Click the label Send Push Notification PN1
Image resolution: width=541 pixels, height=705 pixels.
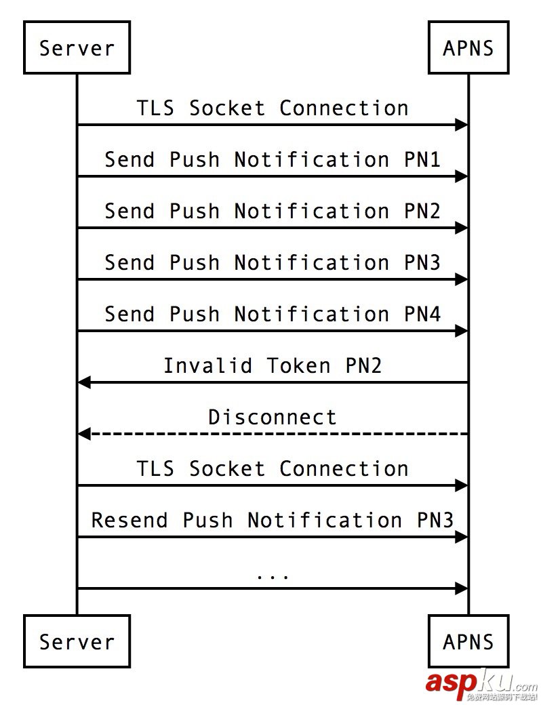[x=273, y=159]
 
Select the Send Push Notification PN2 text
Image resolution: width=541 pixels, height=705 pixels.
[x=273, y=211]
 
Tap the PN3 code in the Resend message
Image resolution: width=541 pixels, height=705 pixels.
[x=435, y=520]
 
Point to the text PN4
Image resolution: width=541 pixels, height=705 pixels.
[x=422, y=314]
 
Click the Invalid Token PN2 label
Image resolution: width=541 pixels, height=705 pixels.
[x=273, y=365]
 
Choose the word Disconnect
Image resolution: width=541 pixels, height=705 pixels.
[x=273, y=417]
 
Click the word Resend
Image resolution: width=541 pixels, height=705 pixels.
[x=129, y=520]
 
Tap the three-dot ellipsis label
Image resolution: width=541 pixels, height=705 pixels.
[x=273, y=576]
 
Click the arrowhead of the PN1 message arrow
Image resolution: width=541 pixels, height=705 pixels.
[x=462, y=176]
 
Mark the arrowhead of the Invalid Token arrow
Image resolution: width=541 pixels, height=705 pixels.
[x=84, y=382]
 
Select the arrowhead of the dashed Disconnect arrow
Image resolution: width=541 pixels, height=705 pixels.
[x=84, y=434]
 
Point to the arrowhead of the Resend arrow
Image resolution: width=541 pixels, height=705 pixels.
[x=462, y=537]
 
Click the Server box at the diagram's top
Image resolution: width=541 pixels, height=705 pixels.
[x=77, y=47]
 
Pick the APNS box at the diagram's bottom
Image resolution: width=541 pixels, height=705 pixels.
[x=468, y=641]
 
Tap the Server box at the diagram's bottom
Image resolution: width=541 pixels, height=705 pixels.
[x=77, y=641]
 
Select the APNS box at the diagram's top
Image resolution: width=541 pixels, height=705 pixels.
[x=468, y=47]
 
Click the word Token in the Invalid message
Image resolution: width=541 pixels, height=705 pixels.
[x=298, y=365]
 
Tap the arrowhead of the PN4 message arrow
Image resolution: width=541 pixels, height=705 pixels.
[x=462, y=331]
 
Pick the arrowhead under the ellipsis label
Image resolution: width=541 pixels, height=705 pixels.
[x=462, y=588]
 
